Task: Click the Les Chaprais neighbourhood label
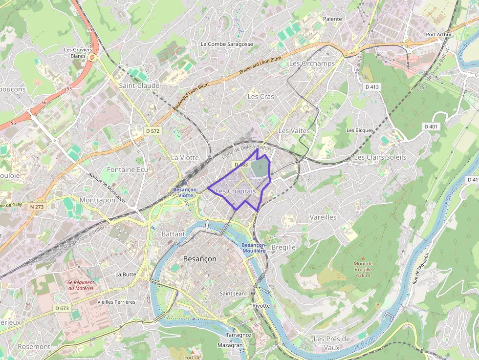235,191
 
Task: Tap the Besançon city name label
199,259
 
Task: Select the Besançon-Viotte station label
185,192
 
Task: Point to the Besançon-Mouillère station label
254,247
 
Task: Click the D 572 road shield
152,131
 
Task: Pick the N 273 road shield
37,207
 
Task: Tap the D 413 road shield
372,87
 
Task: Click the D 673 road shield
62,308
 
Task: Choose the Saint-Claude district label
139,85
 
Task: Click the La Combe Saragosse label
227,44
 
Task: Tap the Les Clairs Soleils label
380,157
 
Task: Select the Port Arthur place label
437,35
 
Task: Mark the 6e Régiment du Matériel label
81,285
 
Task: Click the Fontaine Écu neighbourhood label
127,169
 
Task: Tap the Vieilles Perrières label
116,302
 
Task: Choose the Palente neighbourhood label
332,19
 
